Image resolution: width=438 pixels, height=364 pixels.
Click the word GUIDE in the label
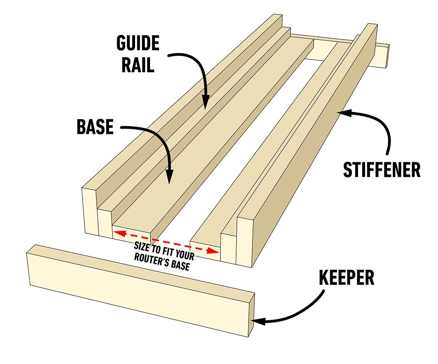tap(138, 44)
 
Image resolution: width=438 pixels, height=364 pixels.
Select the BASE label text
tap(95, 127)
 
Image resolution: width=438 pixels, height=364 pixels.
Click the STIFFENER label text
tap(382, 170)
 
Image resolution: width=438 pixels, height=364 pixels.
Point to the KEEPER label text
tap(346, 277)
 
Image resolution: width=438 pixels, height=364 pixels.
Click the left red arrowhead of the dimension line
tap(116, 231)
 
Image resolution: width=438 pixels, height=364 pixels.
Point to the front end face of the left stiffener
tap(88, 210)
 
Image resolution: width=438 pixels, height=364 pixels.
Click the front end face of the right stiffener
tap(244, 241)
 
